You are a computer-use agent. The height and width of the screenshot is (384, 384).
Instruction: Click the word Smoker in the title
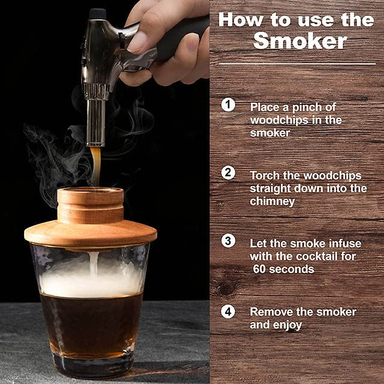(300, 41)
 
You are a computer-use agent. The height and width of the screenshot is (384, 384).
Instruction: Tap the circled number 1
(228, 105)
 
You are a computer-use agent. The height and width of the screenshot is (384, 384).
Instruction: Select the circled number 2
(228, 173)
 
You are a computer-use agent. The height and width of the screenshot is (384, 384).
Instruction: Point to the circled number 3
(228, 241)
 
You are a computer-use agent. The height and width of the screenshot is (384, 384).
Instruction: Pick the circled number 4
(228, 311)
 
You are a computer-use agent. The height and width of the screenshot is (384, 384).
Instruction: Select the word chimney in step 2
(272, 201)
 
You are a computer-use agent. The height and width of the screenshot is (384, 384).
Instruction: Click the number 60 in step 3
(259, 269)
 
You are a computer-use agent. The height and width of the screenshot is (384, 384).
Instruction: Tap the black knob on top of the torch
(97, 14)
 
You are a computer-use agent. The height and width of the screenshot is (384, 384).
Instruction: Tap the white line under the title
(297, 64)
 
